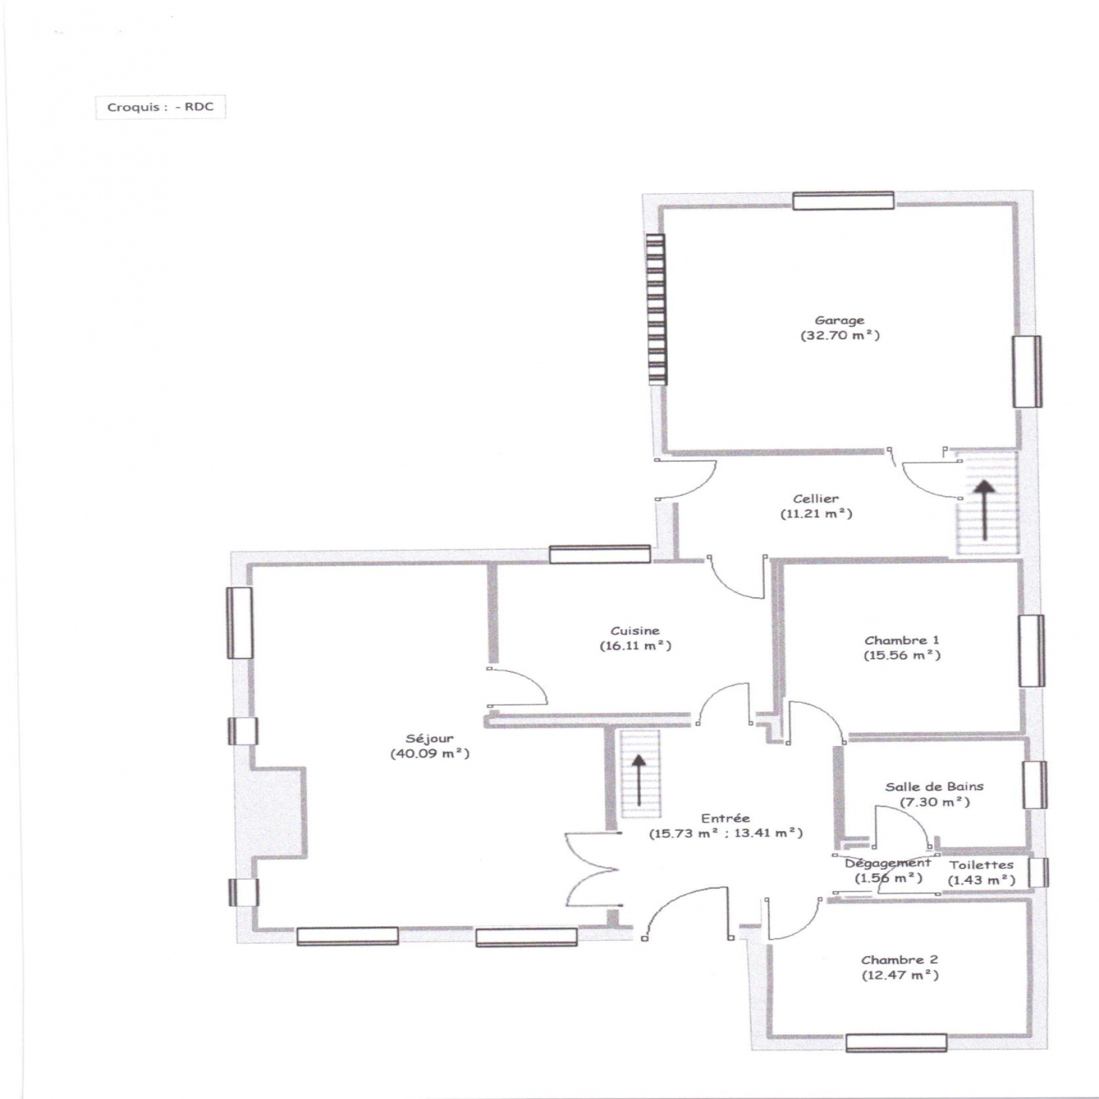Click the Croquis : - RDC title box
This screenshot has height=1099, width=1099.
pyautogui.click(x=160, y=107)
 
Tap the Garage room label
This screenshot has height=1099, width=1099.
pyautogui.click(x=839, y=321)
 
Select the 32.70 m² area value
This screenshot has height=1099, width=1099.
pyautogui.click(x=839, y=336)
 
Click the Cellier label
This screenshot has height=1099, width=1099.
pyautogui.click(x=816, y=499)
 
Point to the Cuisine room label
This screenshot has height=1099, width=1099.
pyautogui.click(x=635, y=631)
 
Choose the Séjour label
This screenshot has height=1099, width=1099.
pyautogui.click(x=429, y=739)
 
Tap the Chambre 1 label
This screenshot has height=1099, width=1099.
pyautogui.click(x=902, y=640)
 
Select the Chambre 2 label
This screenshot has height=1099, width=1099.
pyautogui.click(x=900, y=960)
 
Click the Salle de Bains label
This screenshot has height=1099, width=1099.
pyautogui.click(x=934, y=786)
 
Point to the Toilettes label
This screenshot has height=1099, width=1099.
pyautogui.click(x=982, y=865)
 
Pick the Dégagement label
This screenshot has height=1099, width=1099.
pyautogui.click(x=888, y=863)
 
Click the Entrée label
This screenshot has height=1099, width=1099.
pyautogui.click(x=725, y=818)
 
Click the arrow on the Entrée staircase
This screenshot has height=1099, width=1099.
pyautogui.click(x=639, y=780)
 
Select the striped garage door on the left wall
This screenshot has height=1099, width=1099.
pyautogui.click(x=656, y=309)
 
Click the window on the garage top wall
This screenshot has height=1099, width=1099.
pyautogui.click(x=843, y=200)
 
